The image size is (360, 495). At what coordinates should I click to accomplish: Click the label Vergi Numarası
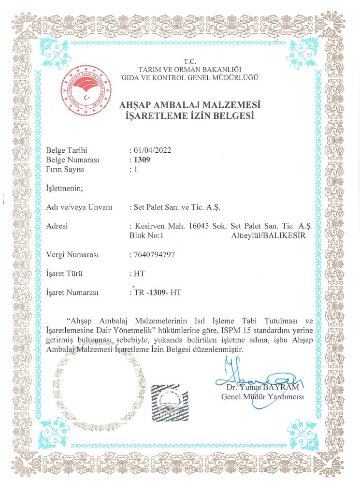[x=72, y=254]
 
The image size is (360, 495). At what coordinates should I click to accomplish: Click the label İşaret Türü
[x=64, y=274]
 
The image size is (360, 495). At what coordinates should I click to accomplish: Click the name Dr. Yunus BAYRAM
[x=263, y=387]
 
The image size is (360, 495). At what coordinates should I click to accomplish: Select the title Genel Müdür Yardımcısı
[x=262, y=397]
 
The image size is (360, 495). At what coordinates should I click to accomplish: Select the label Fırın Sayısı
[x=65, y=170]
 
